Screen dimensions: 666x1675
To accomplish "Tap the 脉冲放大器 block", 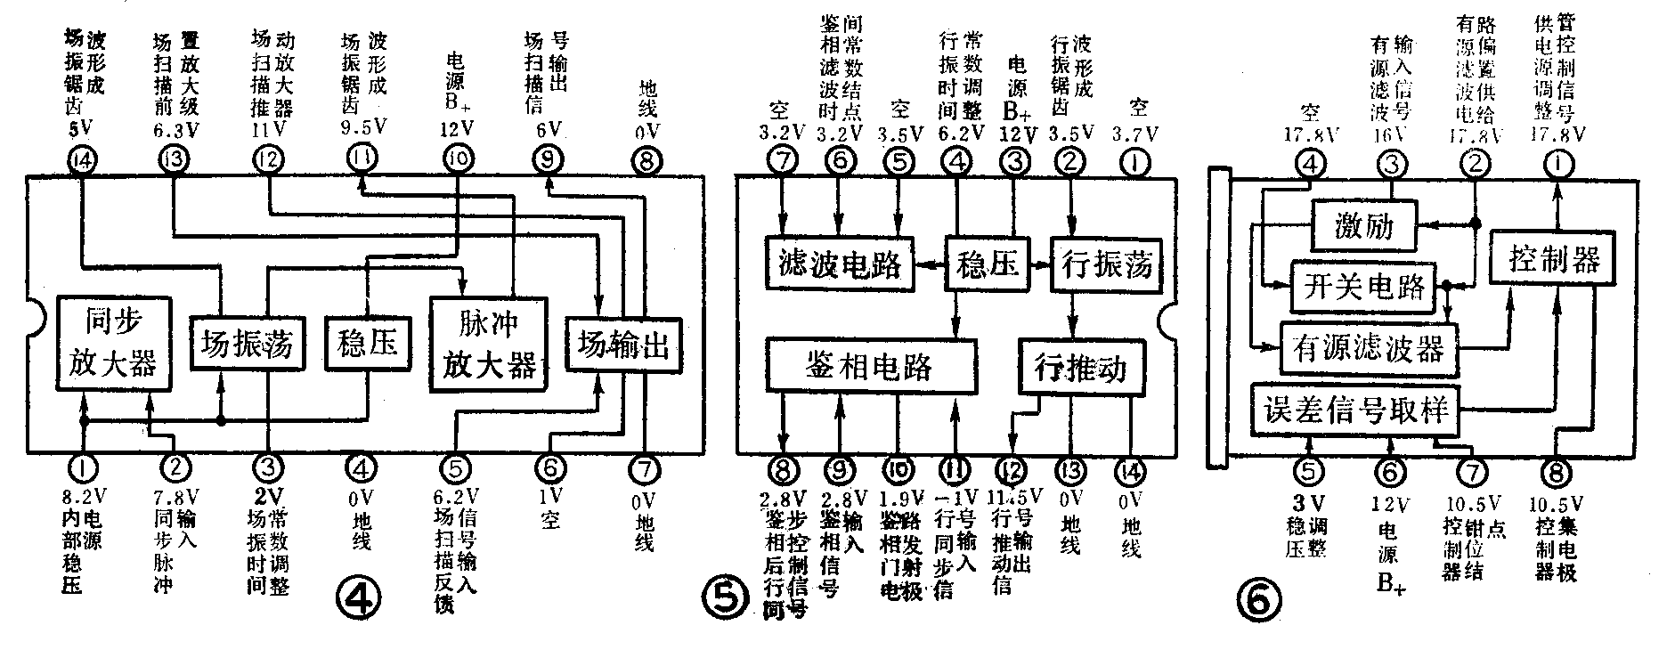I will pos(489,343).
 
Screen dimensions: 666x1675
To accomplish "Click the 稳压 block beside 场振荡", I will pos(367,343).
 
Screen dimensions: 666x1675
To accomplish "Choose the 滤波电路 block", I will pos(839,264).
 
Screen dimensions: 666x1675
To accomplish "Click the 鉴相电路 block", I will pos(869,365).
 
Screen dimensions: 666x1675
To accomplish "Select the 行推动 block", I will pos(1081,366).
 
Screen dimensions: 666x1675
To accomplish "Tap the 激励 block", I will pos(1363,226).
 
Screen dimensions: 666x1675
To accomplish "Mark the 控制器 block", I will pos(1555,259).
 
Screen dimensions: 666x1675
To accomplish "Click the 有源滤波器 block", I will pos(1369,348).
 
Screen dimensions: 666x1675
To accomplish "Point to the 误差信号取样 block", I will pos(1355,410).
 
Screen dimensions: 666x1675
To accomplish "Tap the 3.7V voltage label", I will pos(1134,134).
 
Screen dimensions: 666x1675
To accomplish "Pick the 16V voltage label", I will pos(1390,134).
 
